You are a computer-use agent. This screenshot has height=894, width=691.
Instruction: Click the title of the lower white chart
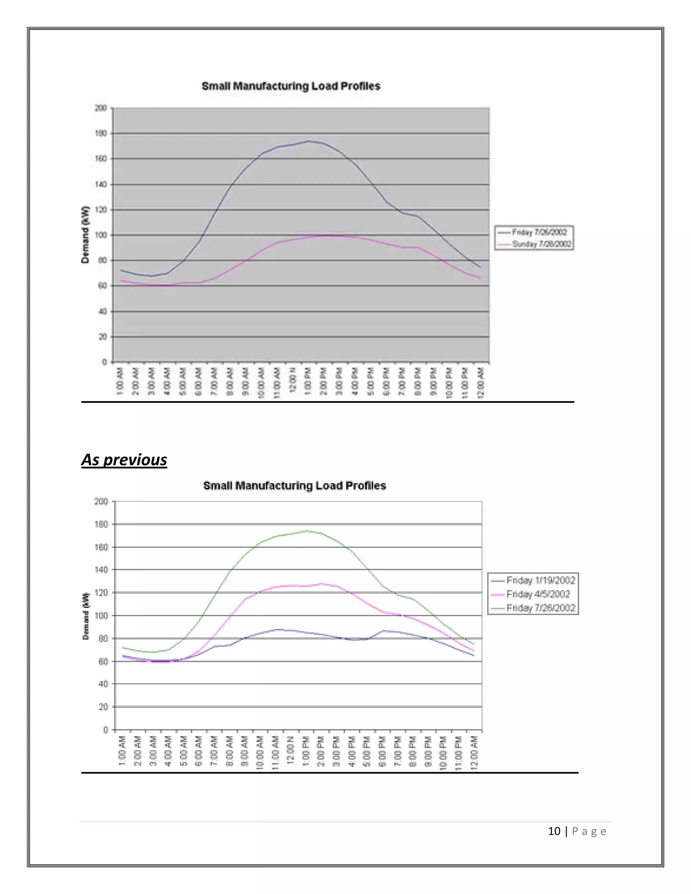pos(294,485)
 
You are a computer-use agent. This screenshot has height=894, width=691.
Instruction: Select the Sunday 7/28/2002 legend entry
pos(541,244)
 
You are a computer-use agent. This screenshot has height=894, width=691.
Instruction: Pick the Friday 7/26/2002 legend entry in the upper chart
pos(539,232)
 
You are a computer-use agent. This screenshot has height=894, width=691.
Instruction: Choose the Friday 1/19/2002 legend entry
pos(541,581)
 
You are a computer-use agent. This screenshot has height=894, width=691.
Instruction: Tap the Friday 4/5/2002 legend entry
pos(538,594)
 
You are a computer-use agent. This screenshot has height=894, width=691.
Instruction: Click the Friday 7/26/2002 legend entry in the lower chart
pos(541,608)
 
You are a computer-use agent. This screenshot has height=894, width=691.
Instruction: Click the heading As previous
pos(124,460)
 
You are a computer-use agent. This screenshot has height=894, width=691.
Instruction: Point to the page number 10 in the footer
pos(554,831)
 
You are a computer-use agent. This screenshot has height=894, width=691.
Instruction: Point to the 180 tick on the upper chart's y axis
pos(101,134)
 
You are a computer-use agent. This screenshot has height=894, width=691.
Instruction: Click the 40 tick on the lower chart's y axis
pos(103,684)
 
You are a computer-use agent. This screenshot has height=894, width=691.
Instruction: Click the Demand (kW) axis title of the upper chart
pos(85,235)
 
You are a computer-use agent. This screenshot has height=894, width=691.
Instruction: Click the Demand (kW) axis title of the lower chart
pos(86,616)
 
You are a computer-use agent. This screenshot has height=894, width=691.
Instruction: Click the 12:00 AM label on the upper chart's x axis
pos(481,382)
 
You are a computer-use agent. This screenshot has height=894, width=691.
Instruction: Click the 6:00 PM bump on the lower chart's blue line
pos(383,631)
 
